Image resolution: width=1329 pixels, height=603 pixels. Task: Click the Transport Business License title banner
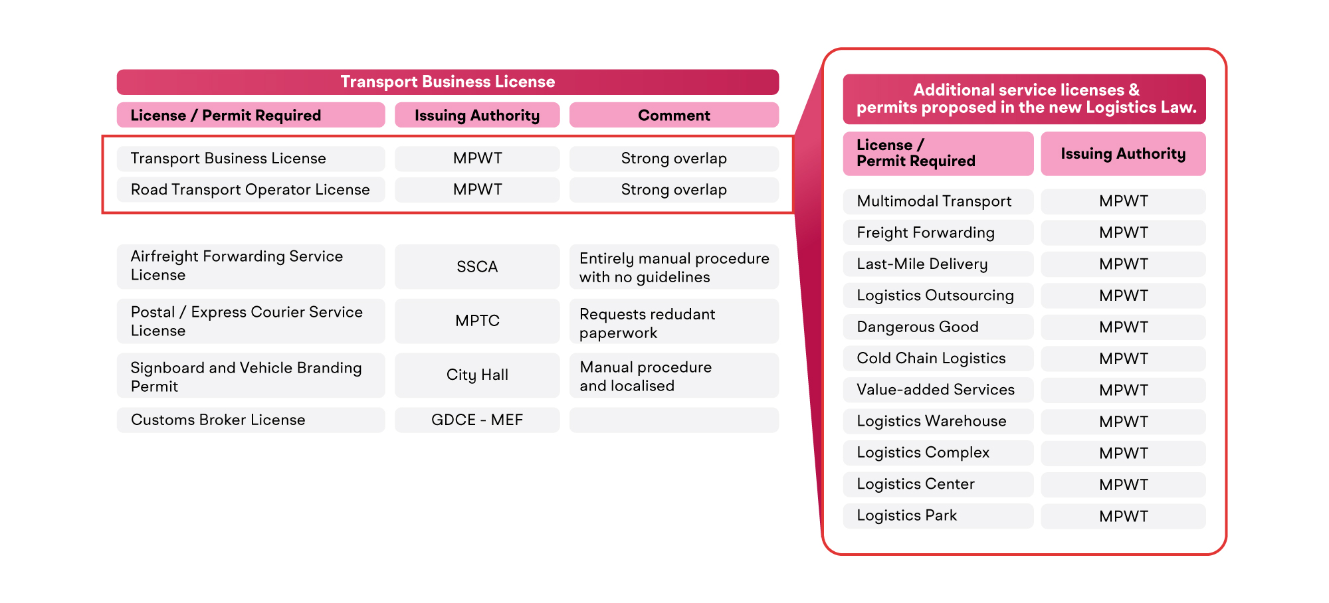click(x=448, y=82)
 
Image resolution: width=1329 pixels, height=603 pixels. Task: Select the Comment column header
click(x=674, y=115)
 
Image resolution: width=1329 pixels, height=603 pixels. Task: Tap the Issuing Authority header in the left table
click(x=477, y=115)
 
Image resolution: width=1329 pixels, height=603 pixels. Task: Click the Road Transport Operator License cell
click(x=251, y=189)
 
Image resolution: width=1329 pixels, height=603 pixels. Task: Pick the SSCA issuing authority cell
click(x=477, y=266)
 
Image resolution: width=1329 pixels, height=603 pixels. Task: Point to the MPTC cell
click(x=477, y=321)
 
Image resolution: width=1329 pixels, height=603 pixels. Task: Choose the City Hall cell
click(x=477, y=375)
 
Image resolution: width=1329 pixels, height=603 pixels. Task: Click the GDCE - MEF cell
click(x=477, y=420)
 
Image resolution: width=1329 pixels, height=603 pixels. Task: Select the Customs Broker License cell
click(x=251, y=420)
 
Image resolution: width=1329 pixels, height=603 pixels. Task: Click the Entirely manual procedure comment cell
click(x=674, y=266)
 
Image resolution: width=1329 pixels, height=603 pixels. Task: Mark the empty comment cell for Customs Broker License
click(x=674, y=420)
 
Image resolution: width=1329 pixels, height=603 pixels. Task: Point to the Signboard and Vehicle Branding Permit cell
click(x=251, y=375)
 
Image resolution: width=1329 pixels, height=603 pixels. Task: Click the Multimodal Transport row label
click(x=938, y=201)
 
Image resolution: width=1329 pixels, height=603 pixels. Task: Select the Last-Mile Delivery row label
click(x=938, y=264)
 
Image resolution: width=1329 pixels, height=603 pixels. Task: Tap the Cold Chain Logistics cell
click(x=938, y=358)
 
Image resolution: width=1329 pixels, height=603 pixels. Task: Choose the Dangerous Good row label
click(x=938, y=327)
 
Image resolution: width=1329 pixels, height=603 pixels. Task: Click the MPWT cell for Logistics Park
click(x=1123, y=516)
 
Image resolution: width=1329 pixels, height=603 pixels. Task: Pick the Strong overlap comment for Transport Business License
click(x=674, y=158)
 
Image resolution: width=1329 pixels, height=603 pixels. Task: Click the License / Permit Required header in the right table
click(x=938, y=153)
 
